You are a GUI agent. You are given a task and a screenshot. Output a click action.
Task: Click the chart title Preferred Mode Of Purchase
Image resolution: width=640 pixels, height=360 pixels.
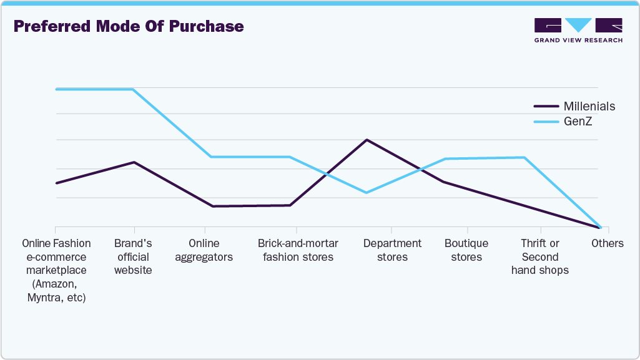(x=129, y=27)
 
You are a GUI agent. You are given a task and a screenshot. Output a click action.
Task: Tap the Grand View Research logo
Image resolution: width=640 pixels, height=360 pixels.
(x=578, y=30)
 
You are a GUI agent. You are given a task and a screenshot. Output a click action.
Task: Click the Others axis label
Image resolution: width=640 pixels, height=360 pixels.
(x=608, y=243)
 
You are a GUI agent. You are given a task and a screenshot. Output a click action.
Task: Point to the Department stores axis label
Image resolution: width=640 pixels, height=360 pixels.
(x=393, y=250)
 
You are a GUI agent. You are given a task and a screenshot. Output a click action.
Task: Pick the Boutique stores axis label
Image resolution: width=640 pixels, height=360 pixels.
(x=466, y=250)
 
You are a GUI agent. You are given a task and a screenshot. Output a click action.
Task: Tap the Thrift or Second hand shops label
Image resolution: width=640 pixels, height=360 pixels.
(x=540, y=256)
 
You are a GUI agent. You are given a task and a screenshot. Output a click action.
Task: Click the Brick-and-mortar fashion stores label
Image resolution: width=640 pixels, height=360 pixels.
(x=298, y=250)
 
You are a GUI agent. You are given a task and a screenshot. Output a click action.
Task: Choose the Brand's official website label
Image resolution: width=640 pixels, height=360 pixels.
(x=133, y=256)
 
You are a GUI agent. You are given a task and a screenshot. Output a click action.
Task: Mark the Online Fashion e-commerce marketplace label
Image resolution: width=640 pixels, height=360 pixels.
(x=56, y=270)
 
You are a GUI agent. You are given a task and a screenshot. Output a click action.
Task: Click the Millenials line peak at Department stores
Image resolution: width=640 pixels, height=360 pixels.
(x=367, y=140)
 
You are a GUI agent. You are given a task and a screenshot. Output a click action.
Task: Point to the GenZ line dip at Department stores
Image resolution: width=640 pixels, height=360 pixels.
(x=367, y=192)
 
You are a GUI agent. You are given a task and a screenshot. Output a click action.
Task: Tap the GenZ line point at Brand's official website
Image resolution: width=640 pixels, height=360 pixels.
(x=133, y=89)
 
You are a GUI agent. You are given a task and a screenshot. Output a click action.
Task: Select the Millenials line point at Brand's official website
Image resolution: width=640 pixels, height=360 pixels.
(x=134, y=162)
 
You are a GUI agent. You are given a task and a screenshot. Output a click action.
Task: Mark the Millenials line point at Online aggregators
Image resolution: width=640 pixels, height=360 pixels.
(x=212, y=206)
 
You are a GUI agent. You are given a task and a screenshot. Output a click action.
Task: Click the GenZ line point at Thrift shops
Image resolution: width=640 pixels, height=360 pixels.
(x=523, y=157)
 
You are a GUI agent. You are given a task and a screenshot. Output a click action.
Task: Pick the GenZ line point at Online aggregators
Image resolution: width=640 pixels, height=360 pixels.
(x=212, y=157)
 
